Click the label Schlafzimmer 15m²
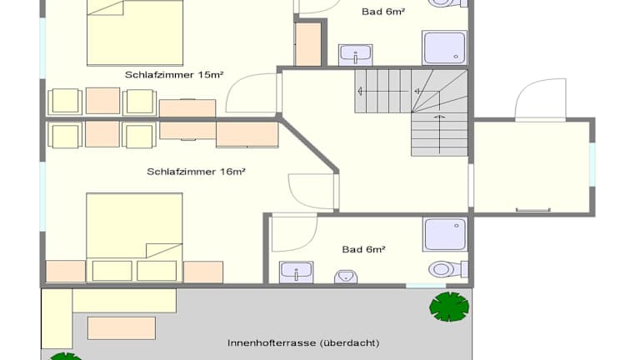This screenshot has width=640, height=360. tap(174, 75)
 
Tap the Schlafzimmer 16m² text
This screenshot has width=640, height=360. tap(196, 172)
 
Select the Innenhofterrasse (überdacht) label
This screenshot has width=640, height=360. tap(303, 342)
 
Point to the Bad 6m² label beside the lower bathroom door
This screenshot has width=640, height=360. tap(363, 249)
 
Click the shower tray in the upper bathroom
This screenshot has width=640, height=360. tap(444, 48)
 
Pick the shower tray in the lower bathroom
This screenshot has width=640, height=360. tap(445, 235)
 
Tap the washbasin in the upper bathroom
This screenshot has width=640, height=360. tap(355, 55)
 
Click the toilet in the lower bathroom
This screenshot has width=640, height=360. tap(447, 269)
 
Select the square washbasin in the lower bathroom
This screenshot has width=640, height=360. tap(297, 272)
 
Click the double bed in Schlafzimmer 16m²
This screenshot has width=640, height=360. tap(134, 237)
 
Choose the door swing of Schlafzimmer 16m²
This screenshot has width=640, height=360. tap(313, 191)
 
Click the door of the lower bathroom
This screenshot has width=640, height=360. tap(294, 232)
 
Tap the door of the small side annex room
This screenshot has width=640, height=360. tap(540, 100)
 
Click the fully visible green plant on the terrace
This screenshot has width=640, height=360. tap(449, 307)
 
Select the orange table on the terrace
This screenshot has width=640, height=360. tap(122, 328)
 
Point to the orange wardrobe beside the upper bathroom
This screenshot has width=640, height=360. tap(308, 44)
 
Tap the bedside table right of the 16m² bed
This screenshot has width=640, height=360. tap(203, 272)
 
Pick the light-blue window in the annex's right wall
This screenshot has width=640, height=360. tap(592, 164)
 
